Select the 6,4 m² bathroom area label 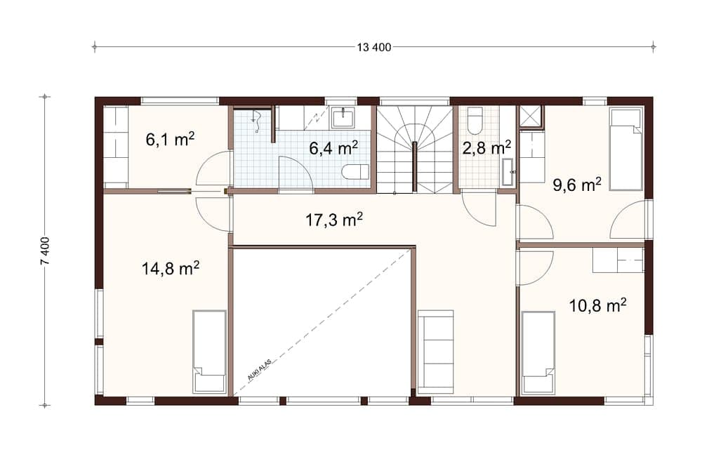coord(334,147)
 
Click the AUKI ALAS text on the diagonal coord(259,369)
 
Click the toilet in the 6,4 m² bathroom coord(355,171)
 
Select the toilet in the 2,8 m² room coord(475,120)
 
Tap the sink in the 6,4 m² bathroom coord(343,117)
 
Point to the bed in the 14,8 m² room coord(209,351)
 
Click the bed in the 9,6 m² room coord(625,149)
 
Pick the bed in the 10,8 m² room coord(538,352)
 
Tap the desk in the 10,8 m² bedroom coord(618,260)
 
